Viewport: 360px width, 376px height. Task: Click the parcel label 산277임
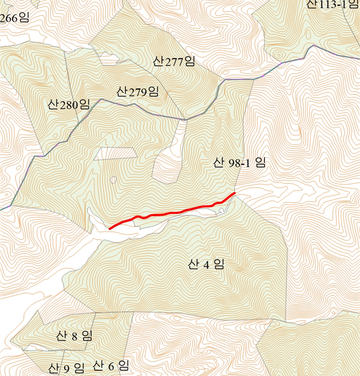point(175,61)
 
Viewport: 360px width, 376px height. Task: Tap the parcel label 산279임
point(137,91)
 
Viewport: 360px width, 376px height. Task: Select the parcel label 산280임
point(69,105)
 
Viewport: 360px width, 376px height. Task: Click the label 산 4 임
point(206,265)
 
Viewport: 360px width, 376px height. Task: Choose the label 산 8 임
point(74,336)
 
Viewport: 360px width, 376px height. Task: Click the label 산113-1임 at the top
point(333,5)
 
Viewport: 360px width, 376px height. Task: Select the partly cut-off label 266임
point(14,17)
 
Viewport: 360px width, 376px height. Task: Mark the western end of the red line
point(110,229)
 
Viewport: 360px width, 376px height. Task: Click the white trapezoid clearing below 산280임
point(115,153)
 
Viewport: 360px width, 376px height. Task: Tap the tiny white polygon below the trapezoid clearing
point(114,180)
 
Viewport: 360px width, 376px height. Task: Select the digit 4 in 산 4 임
point(206,265)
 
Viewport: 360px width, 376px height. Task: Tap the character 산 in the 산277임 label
point(159,61)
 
